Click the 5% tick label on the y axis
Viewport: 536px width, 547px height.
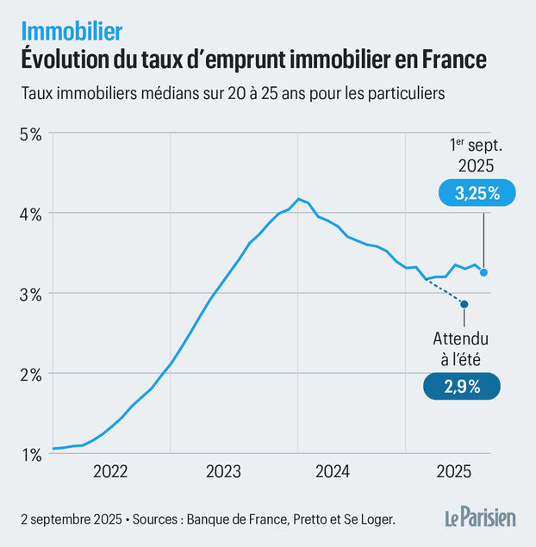click(x=31, y=134)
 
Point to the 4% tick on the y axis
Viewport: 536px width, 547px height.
click(x=31, y=214)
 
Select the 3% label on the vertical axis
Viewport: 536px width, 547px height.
click(x=31, y=294)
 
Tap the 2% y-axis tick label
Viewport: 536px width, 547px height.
click(x=31, y=374)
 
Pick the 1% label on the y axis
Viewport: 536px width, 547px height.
click(x=31, y=454)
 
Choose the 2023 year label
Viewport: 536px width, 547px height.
click(x=223, y=471)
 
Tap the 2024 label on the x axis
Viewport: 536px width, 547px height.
click(x=332, y=471)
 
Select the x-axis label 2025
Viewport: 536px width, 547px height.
click(x=452, y=471)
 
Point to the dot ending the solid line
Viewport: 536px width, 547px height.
click(x=483, y=272)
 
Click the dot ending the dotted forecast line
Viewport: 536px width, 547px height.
click(x=464, y=303)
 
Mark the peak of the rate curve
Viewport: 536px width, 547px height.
click(x=298, y=199)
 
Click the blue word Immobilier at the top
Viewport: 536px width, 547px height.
click(x=72, y=31)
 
